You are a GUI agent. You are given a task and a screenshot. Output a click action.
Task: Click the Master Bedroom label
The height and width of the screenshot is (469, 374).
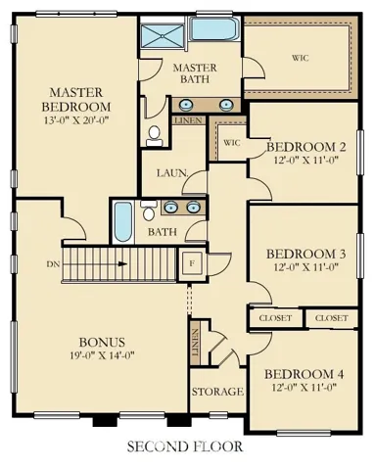coord(76,100)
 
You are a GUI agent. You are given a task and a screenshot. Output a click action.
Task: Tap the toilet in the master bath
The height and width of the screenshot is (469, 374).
coord(154,136)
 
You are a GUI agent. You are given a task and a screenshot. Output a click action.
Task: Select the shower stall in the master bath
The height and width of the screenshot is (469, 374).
coord(163,36)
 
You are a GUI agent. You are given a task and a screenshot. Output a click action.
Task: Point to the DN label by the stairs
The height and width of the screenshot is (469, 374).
coord(53,264)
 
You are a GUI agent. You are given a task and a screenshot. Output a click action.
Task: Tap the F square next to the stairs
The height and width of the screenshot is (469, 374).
coord(192,263)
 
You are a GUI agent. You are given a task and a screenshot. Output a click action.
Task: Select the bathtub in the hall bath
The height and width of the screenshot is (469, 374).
coord(123,222)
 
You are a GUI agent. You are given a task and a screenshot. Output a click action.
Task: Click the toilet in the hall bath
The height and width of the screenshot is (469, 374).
coord(149,211)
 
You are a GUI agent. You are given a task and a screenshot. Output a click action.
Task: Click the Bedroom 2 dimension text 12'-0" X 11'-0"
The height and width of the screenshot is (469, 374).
coord(305,161)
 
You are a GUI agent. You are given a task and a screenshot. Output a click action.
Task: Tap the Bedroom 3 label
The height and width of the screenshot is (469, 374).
coord(306,254)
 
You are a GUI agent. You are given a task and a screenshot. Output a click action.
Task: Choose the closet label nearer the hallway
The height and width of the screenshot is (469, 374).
coord(275,318)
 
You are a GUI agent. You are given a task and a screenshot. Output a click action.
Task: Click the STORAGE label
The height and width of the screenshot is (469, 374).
coord(217,392)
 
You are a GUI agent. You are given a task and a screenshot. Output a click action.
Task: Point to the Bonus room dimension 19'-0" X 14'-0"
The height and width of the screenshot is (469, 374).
coord(102,354)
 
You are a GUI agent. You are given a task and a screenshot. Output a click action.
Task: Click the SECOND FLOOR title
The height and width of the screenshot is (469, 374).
coord(185,446)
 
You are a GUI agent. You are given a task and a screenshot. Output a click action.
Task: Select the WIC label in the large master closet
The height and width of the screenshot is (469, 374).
coord(300,58)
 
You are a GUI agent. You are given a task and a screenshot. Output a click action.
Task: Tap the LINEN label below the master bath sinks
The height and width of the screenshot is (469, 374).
coord(188,120)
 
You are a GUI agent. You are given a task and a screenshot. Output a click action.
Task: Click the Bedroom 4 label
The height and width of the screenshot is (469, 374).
coord(304,374)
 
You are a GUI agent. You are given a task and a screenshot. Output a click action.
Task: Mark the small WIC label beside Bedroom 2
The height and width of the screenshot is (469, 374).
coord(232,143)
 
